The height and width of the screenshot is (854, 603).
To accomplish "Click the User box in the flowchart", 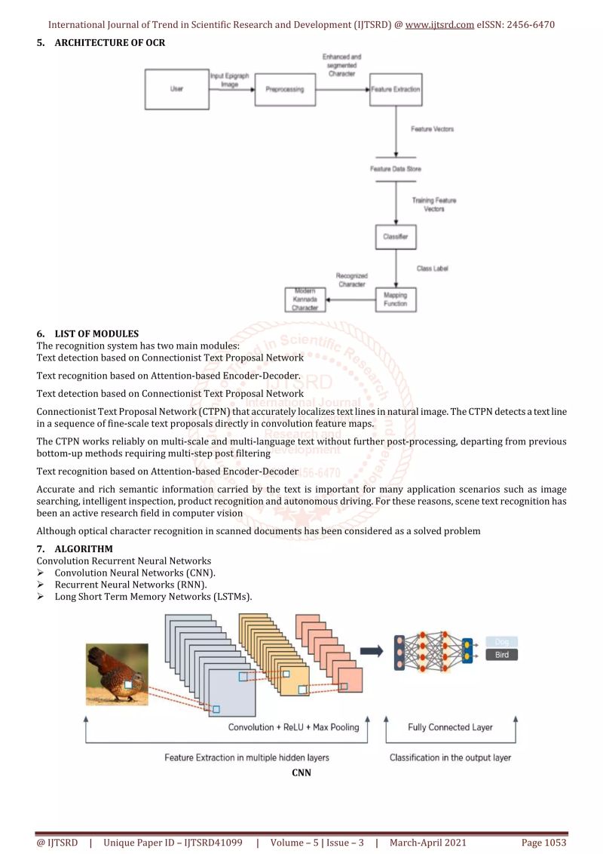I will pos(176,89).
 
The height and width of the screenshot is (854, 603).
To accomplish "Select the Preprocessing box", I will pos(285,89).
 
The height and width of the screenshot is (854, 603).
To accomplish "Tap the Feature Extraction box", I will pos(396,89).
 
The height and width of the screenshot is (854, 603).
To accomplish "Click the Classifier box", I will pos(396,237).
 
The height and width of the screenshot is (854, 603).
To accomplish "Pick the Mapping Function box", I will pos(396,299).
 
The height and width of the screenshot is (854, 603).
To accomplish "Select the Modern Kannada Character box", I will pos(305,300).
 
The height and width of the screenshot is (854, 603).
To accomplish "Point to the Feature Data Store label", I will pos(396,169).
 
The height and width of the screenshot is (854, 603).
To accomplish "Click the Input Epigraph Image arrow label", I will pos(231,81).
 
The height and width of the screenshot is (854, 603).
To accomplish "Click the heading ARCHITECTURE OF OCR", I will pos(109,42).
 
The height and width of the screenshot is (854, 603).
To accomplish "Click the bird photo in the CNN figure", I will pos(117,674).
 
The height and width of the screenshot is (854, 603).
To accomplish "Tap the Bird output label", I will pos(502,655).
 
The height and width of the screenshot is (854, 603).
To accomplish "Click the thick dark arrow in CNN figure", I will pos(371,650).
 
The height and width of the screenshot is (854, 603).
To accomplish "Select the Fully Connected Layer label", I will pos(450,727).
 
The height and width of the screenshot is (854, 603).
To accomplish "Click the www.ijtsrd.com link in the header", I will pos(439,24).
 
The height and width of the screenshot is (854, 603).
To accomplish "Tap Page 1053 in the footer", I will pos(543,842).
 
